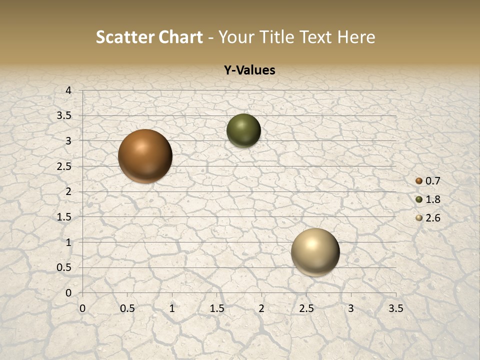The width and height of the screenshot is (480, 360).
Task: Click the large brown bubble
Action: (145, 156)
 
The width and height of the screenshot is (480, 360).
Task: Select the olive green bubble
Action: (243, 130)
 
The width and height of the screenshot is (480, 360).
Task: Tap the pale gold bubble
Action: (315, 252)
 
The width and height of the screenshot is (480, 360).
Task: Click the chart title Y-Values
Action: (249, 70)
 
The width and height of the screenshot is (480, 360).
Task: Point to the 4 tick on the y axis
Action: (68, 90)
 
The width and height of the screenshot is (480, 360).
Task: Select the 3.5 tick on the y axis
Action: (64, 115)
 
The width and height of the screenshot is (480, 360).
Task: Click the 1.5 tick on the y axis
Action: (64, 217)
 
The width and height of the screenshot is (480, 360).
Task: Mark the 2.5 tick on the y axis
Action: (64, 166)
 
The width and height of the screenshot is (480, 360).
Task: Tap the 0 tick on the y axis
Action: (68, 293)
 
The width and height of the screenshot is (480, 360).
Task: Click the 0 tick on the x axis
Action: (82, 308)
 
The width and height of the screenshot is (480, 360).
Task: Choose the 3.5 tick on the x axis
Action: (395, 308)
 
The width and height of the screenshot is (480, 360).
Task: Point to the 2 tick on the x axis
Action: (261, 308)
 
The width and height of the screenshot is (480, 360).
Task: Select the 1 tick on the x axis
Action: (172, 308)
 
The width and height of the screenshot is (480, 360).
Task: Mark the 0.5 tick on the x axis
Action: (127, 308)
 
